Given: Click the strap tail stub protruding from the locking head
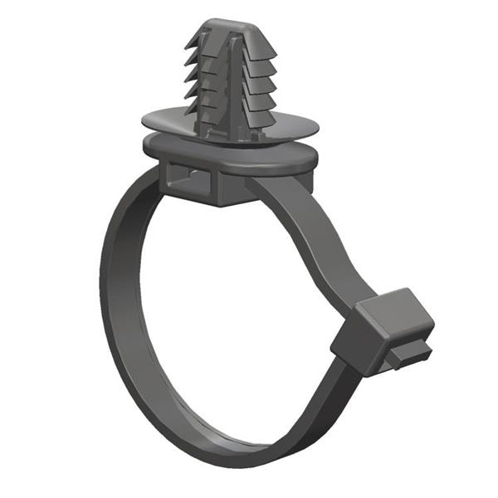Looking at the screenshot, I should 411,354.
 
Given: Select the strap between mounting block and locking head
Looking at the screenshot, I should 315,241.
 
